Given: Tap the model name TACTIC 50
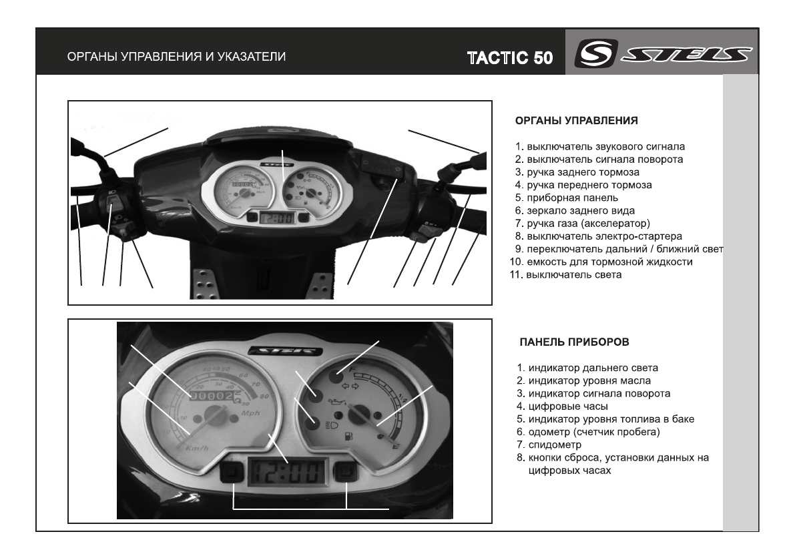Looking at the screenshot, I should pos(510,57).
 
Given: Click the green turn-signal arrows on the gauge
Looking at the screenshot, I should pos(350,386).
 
